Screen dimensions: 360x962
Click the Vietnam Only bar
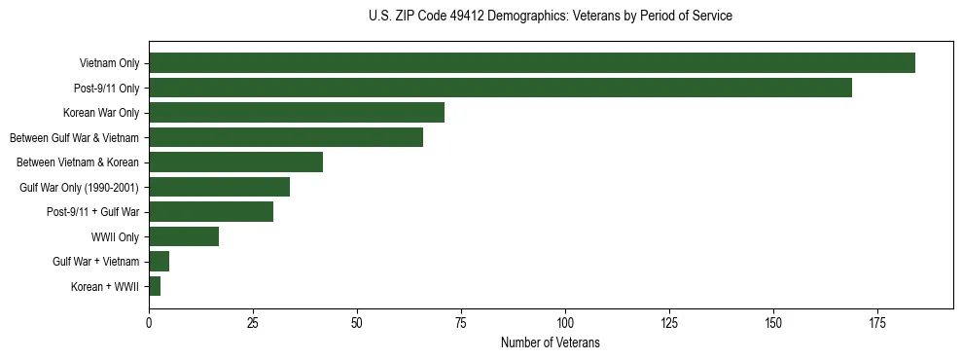532,63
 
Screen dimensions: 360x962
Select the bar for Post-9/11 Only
500,88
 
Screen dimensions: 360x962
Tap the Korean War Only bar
297,113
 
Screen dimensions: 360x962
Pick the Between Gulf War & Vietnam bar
286,137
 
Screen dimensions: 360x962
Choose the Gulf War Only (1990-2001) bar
219,187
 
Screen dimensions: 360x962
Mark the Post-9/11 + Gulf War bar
211,212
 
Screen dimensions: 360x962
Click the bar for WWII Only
184,236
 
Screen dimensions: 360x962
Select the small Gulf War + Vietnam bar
159,262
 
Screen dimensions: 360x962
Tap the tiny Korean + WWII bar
155,286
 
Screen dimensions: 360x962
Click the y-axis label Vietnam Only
109,63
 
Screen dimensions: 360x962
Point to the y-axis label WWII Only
115,236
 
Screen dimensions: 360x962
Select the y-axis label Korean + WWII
105,287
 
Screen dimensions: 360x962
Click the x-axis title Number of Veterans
551,342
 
